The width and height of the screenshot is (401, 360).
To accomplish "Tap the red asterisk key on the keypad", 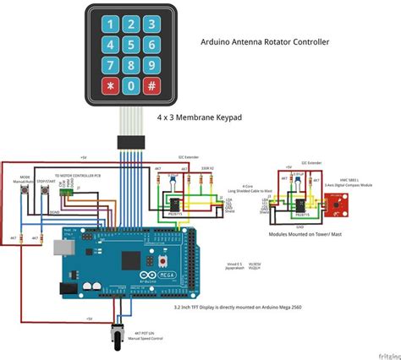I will (x=111, y=86).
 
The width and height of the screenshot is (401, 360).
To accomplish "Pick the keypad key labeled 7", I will (x=111, y=65).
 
